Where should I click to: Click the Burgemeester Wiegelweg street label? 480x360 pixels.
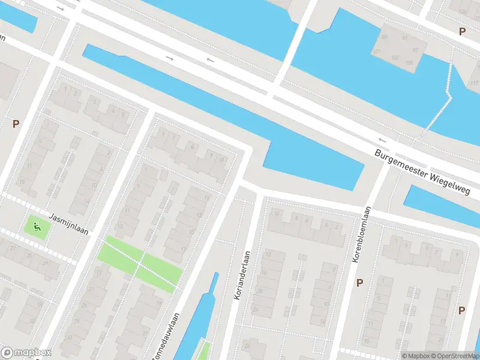427,174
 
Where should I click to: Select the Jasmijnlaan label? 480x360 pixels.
68,225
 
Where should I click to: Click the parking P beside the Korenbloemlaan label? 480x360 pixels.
360,283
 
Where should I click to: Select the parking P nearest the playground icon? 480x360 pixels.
16,124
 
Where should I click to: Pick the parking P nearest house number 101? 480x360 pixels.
461,31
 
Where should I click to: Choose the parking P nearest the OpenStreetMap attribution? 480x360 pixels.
461,310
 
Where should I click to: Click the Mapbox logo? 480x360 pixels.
26,353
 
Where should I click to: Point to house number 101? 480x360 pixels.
377,52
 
